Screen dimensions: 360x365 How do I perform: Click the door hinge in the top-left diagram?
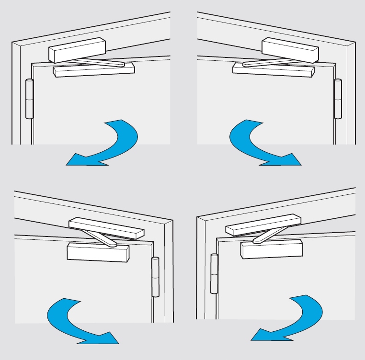click(x=29, y=99)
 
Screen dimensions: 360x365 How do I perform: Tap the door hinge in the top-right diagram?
click(x=338, y=99)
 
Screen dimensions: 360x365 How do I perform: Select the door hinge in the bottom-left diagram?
click(x=155, y=277)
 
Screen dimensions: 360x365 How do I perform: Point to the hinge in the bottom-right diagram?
click(x=214, y=274)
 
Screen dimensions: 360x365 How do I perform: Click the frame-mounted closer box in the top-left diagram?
click(x=77, y=50)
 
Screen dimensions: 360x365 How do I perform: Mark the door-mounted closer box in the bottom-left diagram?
click(x=98, y=252)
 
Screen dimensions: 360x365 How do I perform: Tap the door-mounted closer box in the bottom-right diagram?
click(x=272, y=249)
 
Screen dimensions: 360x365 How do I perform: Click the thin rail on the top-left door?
click(x=94, y=70)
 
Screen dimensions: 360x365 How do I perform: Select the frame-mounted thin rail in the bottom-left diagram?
click(x=106, y=228)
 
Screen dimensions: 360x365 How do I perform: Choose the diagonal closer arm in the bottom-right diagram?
click(x=266, y=236)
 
